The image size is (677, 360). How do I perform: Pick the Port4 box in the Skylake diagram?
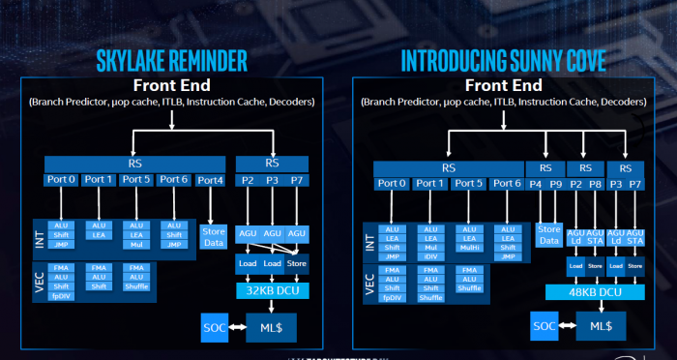point(211,179)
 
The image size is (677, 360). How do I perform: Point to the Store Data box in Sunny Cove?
point(548,234)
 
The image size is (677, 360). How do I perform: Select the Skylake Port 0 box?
point(62,179)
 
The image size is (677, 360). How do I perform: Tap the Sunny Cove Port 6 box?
point(506,183)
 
